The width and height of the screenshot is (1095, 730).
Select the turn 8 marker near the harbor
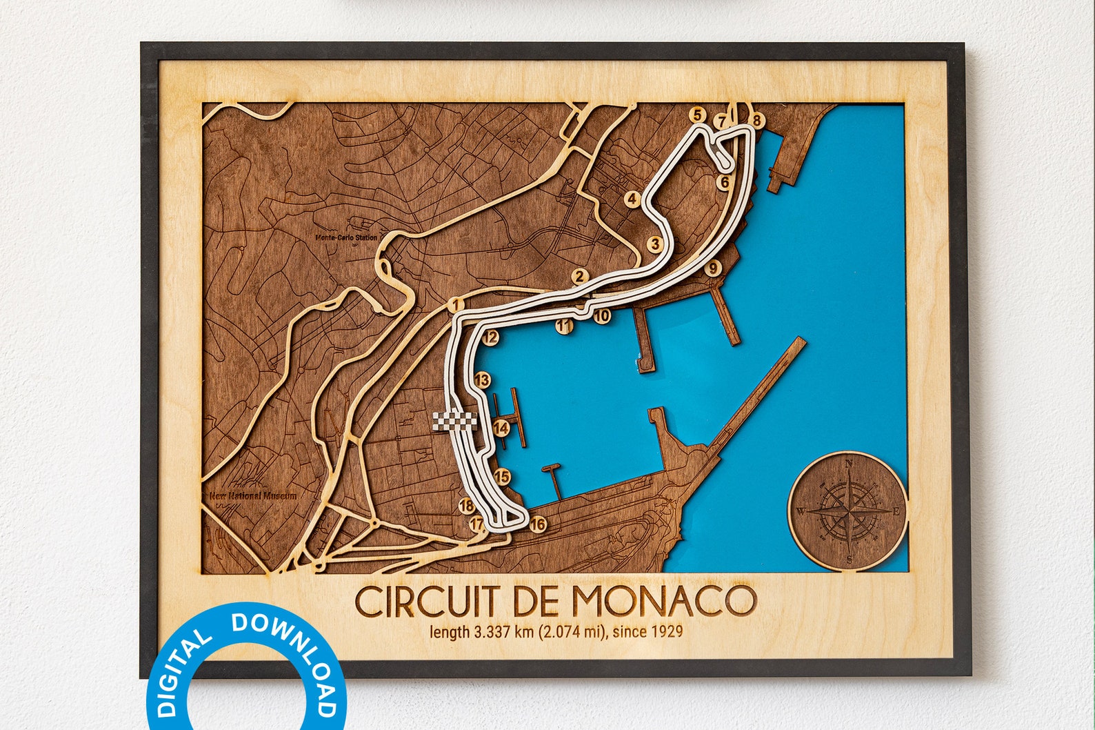point(757,121)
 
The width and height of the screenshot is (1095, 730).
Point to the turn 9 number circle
point(713,268)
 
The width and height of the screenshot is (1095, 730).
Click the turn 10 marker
point(602,316)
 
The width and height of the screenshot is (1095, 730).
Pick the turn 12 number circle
point(490,337)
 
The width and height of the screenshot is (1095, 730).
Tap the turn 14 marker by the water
point(501,428)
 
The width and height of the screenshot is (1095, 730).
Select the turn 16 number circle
point(538,524)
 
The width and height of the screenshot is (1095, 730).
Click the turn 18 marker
point(466,506)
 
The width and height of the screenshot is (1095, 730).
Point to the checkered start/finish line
point(454,420)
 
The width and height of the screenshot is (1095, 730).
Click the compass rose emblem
point(847,511)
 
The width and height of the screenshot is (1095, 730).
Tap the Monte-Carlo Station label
point(346,238)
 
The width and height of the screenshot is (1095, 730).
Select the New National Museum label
point(254,495)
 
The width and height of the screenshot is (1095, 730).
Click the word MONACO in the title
point(664,601)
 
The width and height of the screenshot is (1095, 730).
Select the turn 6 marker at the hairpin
point(723,182)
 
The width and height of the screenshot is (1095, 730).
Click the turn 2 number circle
point(579,277)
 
